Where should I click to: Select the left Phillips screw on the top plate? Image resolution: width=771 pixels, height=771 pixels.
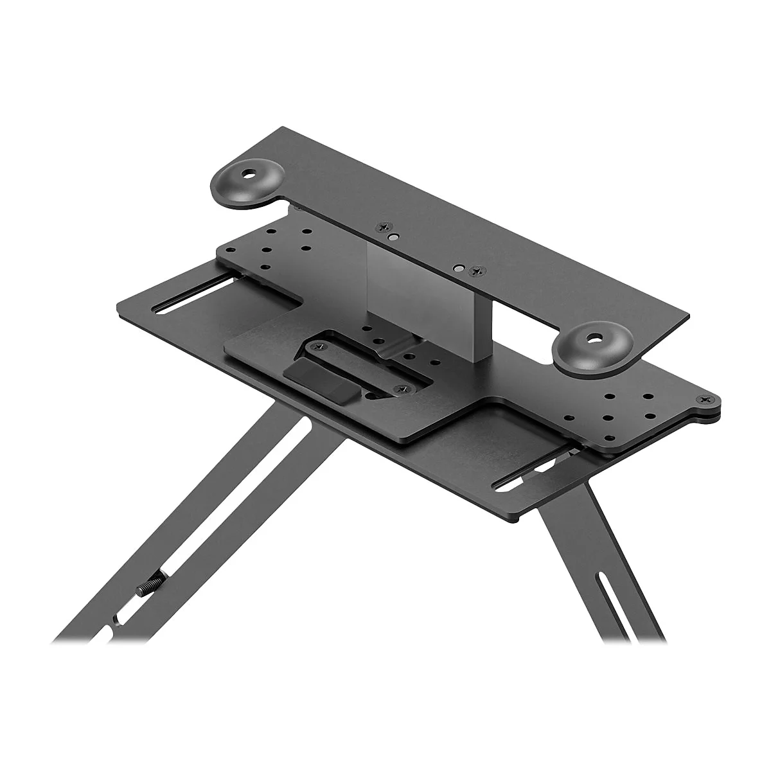tap(385, 226)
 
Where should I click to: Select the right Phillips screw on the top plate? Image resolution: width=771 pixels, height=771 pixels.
tap(476, 272)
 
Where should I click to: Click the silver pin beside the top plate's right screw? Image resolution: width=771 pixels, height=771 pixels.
tap(458, 266)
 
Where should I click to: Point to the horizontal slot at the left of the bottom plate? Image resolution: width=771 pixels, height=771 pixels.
tap(193, 297)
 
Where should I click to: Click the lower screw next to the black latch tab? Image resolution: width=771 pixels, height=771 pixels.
tap(400, 388)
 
